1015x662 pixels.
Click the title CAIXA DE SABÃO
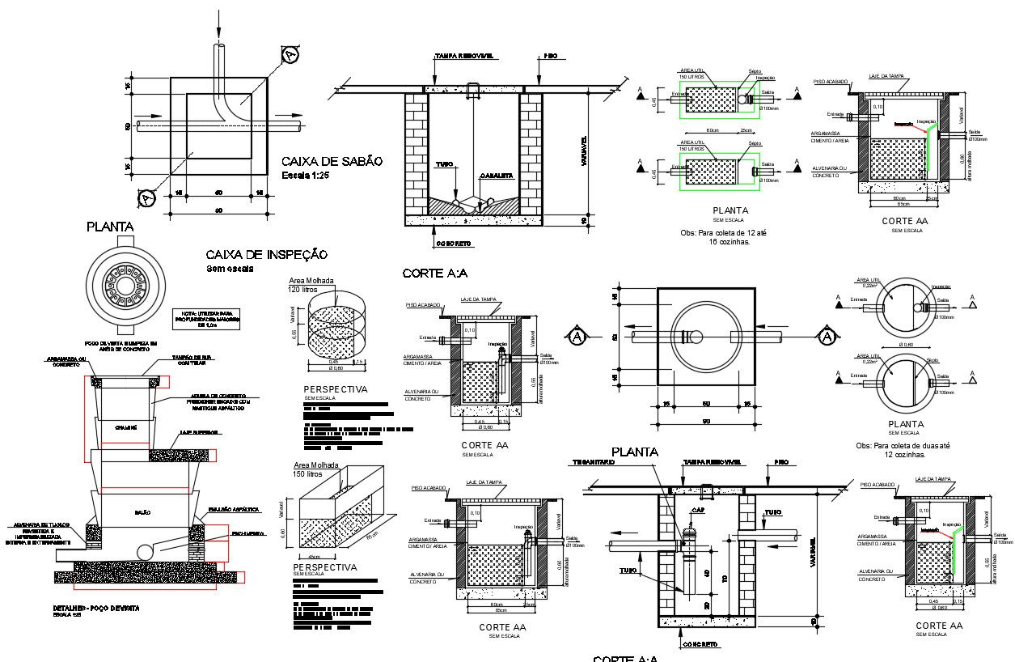(332, 161)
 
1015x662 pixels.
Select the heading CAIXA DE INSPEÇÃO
(266, 254)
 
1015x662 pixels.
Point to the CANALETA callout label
(497, 176)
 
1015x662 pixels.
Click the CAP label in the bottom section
(696, 511)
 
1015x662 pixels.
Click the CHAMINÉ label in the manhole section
(125, 426)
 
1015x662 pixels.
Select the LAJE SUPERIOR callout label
(199, 433)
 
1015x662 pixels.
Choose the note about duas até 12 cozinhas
(905, 450)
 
